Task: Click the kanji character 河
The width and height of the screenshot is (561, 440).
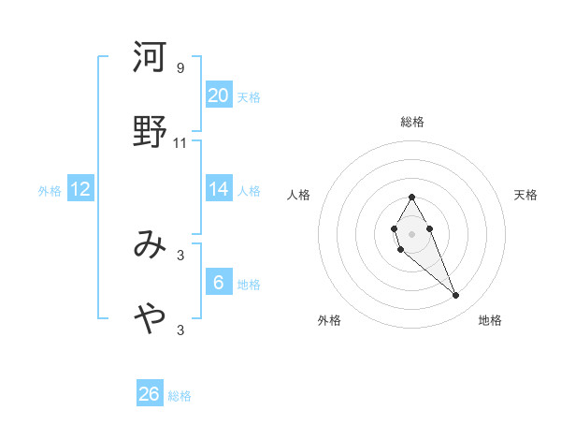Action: (150, 58)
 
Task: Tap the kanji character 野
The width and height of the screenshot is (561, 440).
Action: (150, 132)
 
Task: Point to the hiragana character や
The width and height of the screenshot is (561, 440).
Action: (150, 319)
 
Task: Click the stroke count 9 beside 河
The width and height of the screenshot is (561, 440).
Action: (180, 68)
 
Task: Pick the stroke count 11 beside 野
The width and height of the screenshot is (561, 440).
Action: (180, 143)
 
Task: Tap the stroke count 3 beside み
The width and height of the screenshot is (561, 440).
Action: (180, 255)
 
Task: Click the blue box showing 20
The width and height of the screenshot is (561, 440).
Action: (218, 95)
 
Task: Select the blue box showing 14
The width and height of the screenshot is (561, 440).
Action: (218, 189)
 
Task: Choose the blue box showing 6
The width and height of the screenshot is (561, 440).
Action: (218, 283)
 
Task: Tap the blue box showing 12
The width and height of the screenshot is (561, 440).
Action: (80, 189)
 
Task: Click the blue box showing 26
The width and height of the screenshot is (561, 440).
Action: (150, 394)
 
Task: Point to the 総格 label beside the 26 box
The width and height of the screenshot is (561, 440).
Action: (180, 396)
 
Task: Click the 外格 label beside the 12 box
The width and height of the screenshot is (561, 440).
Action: (50, 191)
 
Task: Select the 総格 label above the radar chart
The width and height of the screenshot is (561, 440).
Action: (411, 122)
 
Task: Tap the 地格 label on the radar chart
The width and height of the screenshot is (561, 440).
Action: (490, 320)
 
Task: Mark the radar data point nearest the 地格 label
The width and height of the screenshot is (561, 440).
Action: (456, 296)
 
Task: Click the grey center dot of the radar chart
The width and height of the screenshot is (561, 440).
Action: (411, 232)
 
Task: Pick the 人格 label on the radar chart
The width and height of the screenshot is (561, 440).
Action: (299, 195)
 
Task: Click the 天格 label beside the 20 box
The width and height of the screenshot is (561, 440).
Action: (249, 97)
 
